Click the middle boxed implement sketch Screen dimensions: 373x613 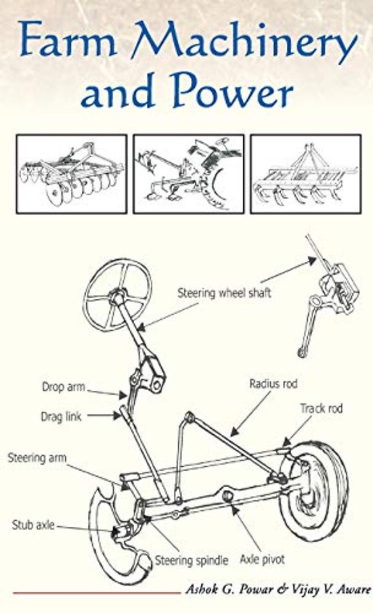pyautogui.click(x=188, y=174)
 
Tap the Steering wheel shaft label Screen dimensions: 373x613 pyautogui.click(x=224, y=293)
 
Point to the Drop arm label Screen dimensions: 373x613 pyautogui.click(x=63, y=387)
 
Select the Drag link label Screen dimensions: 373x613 pyautogui.click(x=61, y=416)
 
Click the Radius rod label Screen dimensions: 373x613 pyautogui.click(x=273, y=384)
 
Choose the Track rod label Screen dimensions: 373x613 pyautogui.click(x=321, y=409)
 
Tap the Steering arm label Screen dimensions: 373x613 pyautogui.click(x=37, y=457)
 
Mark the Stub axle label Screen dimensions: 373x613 pyautogui.click(x=33, y=525)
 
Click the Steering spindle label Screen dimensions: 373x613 pyautogui.click(x=192, y=561)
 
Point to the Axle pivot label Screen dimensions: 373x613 pyautogui.click(x=262, y=559)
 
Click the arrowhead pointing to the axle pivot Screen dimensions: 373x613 pyautogui.click(x=234, y=509)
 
